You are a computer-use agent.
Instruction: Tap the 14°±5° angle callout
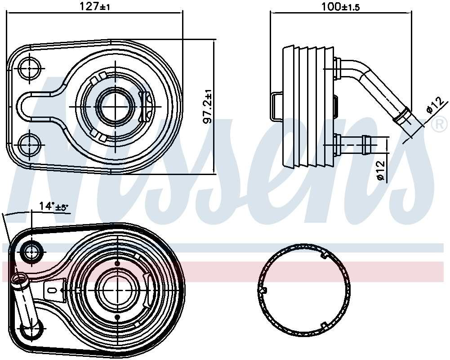[x=53, y=207]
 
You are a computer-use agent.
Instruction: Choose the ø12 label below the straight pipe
[x=381, y=171]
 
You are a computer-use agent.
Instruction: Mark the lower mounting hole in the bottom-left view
[x=32, y=330]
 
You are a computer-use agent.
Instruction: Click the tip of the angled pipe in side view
[x=405, y=118]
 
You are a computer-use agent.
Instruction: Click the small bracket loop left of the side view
[x=276, y=106]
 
